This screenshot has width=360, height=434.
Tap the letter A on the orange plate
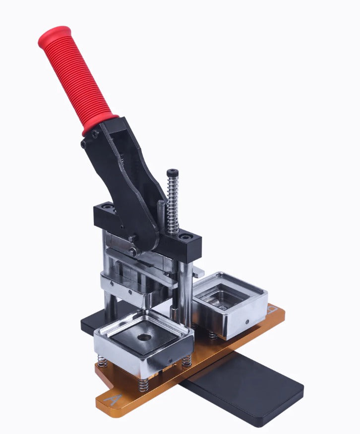click(x=113, y=399)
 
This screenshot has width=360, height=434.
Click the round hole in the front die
click(x=144, y=337)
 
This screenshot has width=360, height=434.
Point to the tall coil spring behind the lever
click(x=173, y=203)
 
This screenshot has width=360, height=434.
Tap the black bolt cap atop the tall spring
click(x=172, y=172)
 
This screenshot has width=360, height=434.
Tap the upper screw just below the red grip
click(x=94, y=134)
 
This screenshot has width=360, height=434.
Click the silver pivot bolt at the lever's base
click(x=133, y=251)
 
